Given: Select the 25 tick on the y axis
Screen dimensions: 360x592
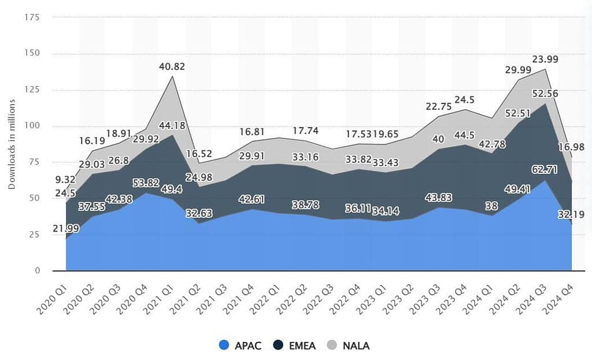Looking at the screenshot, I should [x=34, y=235].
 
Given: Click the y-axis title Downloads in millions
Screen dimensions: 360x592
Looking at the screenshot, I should [x=12, y=143].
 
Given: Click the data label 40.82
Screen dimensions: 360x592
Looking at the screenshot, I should [x=172, y=66].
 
